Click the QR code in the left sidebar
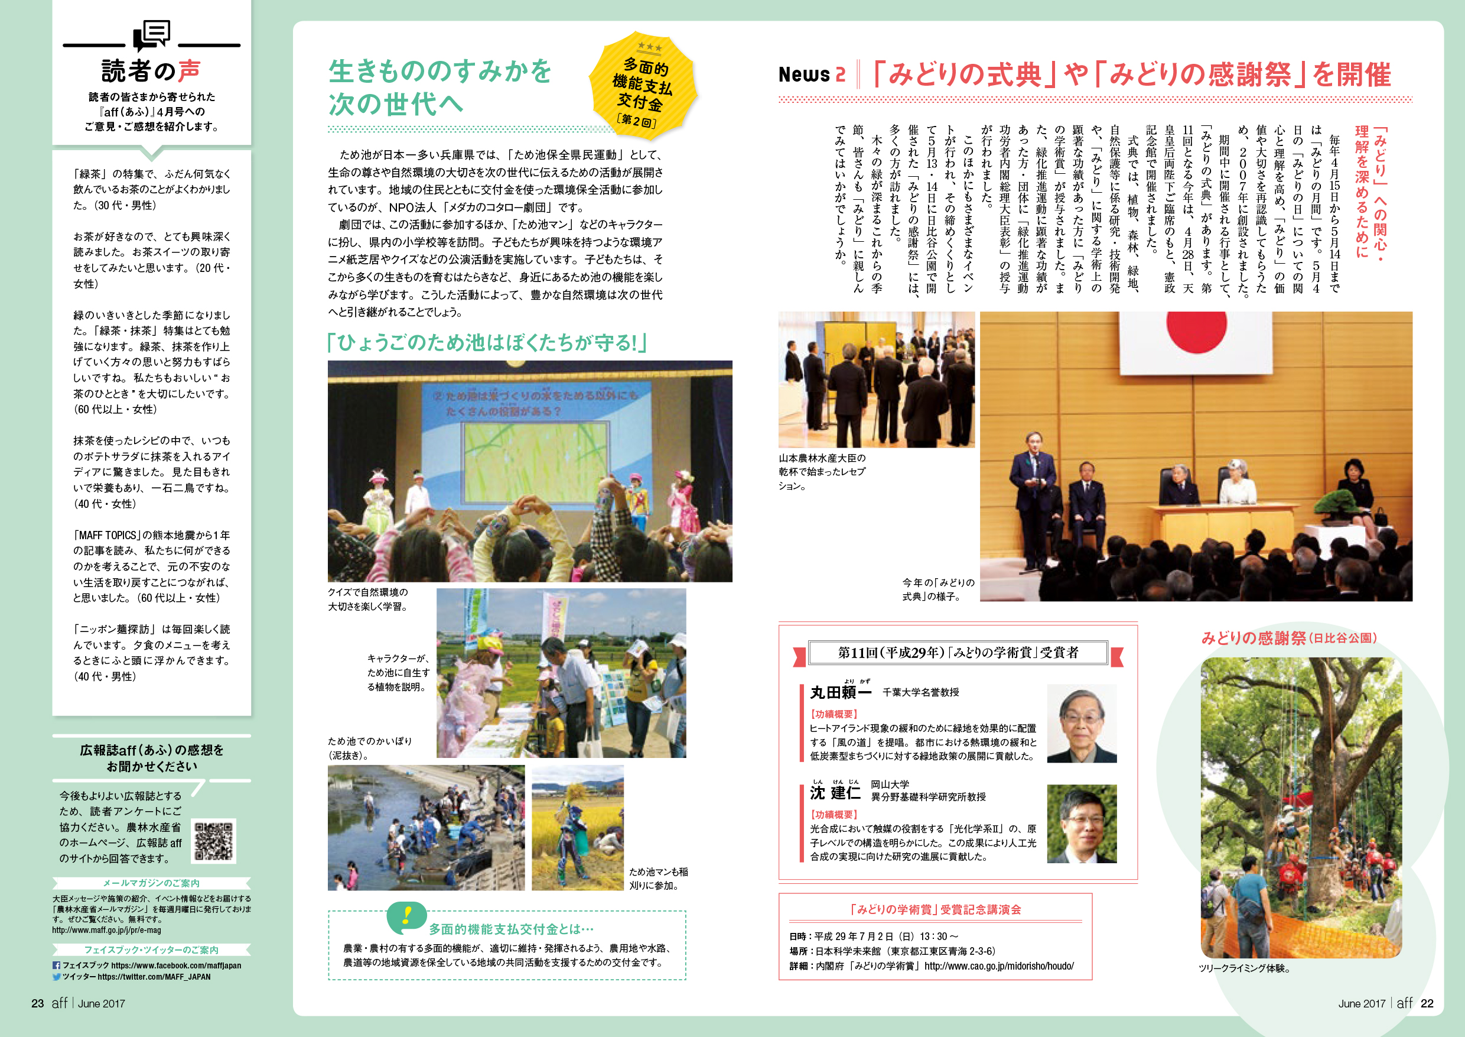(x=214, y=841)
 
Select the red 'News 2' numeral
(x=841, y=74)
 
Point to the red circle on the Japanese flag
(x=1196, y=329)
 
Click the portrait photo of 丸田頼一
(x=1082, y=724)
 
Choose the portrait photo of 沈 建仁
(x=1082, y=824)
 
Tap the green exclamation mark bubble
(x=406, y=916)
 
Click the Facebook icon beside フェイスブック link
(x=56, y=965)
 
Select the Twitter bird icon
(x=56, y=977)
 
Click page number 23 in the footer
(x=38, y=1003)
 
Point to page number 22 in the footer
(x=1427, y=1003)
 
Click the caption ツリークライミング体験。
(x=1245, y=968)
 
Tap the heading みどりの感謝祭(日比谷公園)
(x=1289, y=638)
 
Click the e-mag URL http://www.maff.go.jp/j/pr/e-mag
(x=106, y=930)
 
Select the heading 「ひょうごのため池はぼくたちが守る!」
(x=487, y=343)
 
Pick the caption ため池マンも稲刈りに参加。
(x=658, y=879)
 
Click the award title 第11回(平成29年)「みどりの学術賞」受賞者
(x=958, y=653)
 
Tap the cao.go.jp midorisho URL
(x=998, y=966)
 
